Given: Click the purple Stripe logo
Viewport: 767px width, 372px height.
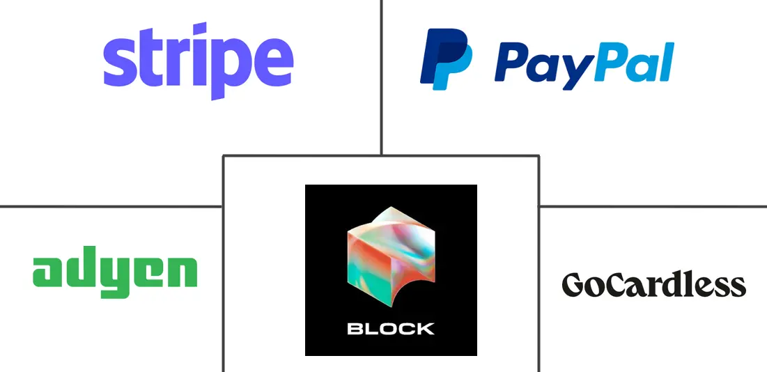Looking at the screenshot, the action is click(198, 61).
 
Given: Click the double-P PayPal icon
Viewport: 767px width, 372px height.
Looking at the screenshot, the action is click(446, 59).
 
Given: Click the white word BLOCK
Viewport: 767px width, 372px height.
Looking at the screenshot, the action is click(390, 329).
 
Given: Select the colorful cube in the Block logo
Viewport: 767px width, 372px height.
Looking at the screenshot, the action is click(390, 256).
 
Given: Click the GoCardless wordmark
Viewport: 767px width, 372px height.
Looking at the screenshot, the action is click(654, 284).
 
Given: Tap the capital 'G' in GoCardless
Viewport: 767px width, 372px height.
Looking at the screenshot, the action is click(575, 285).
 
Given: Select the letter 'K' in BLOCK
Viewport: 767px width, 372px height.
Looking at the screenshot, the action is click(425, 329).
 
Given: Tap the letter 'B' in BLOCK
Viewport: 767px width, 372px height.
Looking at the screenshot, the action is click(355, 329).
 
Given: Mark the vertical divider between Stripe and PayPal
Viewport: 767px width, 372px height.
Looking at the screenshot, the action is click(381, 77).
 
